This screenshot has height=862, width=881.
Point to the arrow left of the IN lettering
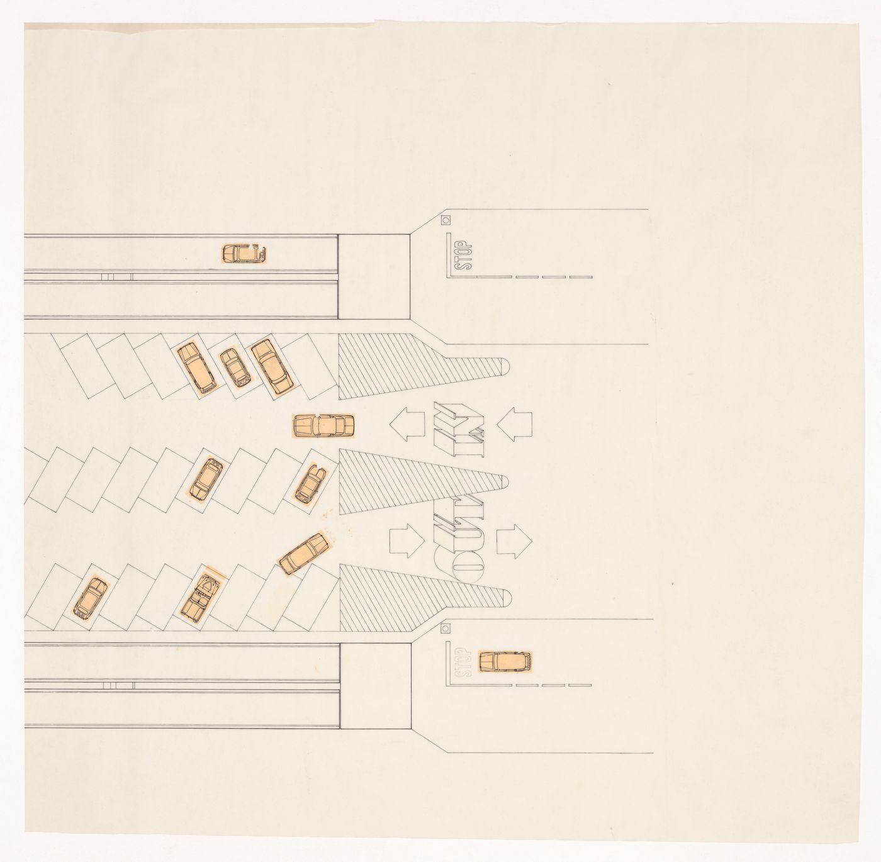pos(407,423)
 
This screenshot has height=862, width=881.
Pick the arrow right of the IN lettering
pos(514,423)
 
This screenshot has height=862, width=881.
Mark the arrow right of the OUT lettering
pos(514,541)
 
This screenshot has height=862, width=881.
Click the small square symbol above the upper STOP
pos(446,220)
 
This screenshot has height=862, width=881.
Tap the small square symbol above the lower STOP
pos(446,629)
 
